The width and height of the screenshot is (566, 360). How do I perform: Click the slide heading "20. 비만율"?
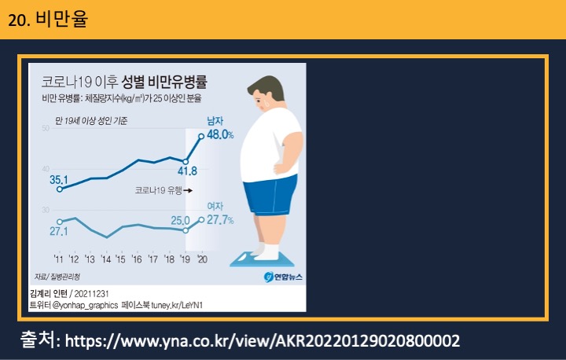48,20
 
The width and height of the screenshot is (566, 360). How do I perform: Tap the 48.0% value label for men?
220,134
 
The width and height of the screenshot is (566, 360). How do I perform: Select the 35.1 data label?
59,179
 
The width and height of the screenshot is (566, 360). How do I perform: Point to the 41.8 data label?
187,171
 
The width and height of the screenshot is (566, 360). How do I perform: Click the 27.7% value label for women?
220,220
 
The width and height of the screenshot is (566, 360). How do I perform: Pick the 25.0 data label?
181,220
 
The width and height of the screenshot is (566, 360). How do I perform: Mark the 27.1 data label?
58,231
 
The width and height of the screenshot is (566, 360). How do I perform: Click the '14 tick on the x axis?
106,259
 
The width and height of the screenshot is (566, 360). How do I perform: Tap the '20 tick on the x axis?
202,259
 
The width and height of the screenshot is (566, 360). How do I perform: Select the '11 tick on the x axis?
58,259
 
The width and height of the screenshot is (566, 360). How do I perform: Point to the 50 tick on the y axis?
46,128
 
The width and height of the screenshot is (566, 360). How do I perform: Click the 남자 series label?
215,120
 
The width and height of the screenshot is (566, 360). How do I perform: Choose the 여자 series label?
215,206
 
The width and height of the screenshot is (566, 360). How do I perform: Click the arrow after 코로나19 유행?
188,190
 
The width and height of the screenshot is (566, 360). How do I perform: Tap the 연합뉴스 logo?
283,277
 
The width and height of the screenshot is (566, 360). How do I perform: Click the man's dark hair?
267,86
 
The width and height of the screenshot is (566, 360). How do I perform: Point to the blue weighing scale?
262,260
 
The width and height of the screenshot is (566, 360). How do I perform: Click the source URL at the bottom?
263,341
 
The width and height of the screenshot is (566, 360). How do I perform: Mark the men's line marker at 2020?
201,136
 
